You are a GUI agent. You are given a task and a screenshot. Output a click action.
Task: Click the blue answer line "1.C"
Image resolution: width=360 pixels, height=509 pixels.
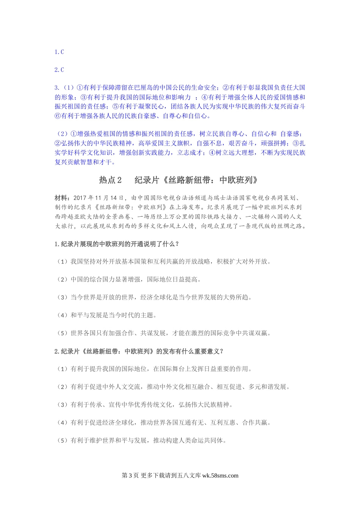pyautogui.click(x=59, y=52)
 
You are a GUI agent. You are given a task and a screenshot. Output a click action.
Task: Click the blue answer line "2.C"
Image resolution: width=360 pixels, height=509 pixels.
pyautogui.click(x=59, y=70)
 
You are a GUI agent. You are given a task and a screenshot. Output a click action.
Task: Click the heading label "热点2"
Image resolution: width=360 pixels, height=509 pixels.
pyautogui.click(x=110, y=180)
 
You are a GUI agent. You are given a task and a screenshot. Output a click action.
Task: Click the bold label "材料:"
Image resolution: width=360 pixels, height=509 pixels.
pyautogui.click(x=62, y=198)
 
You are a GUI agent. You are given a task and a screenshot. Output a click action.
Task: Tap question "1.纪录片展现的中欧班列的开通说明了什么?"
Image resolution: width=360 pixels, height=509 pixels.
pyautogui.click(x=117, y=244)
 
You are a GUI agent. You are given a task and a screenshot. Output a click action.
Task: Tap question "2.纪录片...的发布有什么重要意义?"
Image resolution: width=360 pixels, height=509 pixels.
pyautogui.click(x=139, y=351)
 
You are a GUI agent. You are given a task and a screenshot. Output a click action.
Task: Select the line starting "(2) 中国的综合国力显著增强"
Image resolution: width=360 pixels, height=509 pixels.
pyautogui.click(x=129, y=279)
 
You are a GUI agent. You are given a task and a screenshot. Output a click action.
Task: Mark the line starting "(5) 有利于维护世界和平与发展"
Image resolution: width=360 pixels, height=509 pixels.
pyautogui.click(x=141, y=440)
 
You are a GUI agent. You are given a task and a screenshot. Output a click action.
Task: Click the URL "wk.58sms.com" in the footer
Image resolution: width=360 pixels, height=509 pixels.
pyautogui.click(x=220, y=476)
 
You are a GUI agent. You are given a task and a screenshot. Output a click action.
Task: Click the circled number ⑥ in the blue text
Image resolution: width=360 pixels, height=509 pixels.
pyautogui.click(x=58, y=116)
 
